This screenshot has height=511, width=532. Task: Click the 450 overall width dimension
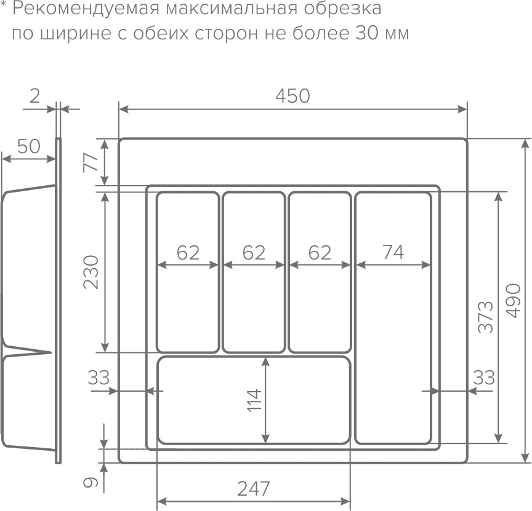point(292,97)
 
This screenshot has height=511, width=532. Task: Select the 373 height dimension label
point(486,317)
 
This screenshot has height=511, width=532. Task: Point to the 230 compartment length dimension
point(91,271)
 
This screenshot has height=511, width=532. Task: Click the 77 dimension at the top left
point(91,162)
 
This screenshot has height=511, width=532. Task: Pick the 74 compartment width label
point(393,252)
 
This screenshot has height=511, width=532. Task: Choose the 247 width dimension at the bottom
point(254,489)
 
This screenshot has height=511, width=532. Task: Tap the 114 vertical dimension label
point(254,400)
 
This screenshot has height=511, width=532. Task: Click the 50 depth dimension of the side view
point(28,146)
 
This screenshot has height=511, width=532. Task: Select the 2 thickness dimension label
point(35,95)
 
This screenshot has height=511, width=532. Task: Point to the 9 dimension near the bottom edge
point(91,482)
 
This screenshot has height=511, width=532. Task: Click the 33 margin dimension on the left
point(98,377)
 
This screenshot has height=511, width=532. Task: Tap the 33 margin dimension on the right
point(484,377)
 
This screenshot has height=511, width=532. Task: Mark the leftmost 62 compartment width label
point(188,252)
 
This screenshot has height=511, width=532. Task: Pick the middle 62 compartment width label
point(254,252)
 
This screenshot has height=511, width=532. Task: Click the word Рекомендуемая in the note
point(82,9)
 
